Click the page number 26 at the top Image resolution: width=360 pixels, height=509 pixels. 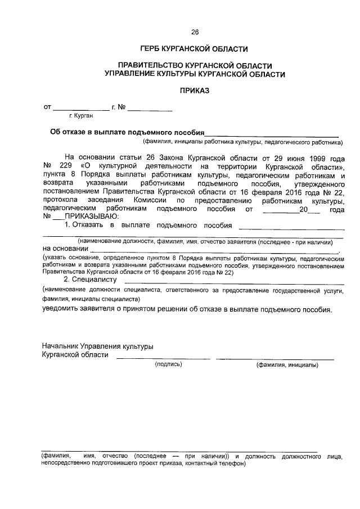point(195,31)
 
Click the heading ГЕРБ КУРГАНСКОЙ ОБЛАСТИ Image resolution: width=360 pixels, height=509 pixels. point(195,49)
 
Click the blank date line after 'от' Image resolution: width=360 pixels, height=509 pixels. point(82,107)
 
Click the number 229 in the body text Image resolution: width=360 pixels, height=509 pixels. point(66,168)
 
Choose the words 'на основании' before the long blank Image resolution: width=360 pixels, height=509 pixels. point(65,248)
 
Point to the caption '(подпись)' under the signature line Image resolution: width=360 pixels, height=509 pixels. point(169,365)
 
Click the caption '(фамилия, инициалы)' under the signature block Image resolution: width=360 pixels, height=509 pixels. point(287,365)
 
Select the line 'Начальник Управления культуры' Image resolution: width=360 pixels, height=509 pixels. point(97,346)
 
